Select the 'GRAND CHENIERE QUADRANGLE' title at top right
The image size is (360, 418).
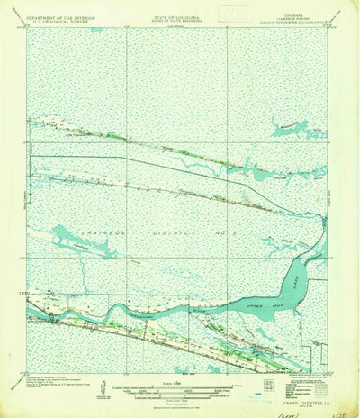(x=296, y=24)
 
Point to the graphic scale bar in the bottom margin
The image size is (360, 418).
(x=180, y=386)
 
